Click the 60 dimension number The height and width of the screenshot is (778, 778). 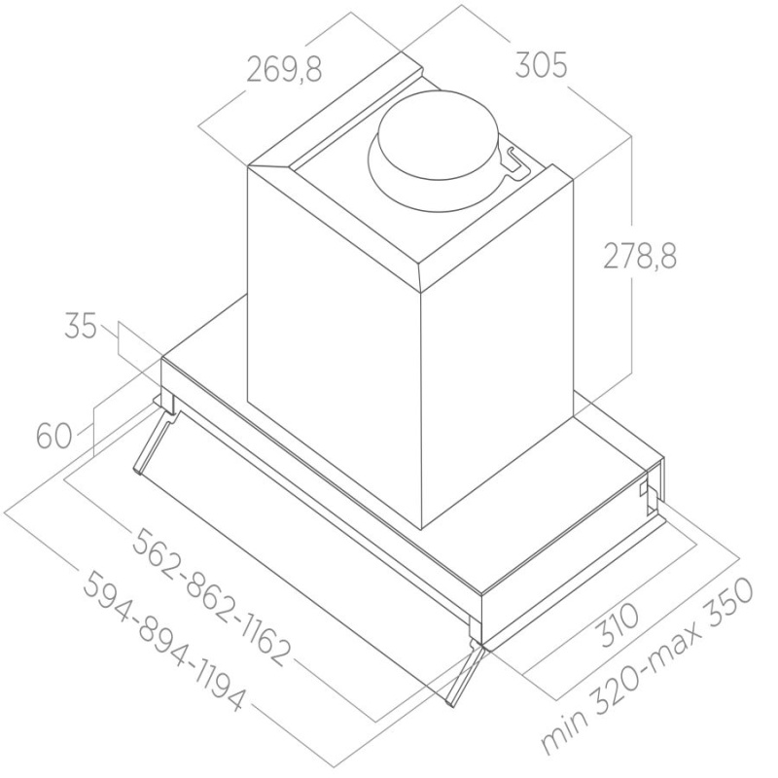(x=55, y=436)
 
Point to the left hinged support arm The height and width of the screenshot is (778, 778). (x=156, y=443)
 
